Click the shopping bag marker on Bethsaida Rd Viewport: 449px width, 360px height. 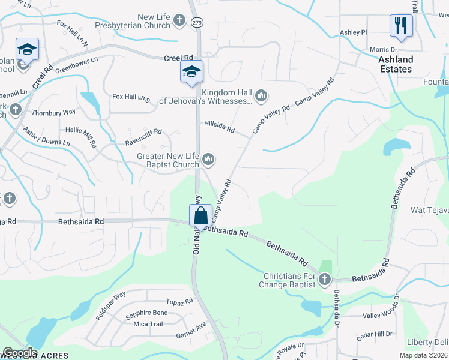point(201,215)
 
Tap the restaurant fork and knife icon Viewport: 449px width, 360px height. point(400,26)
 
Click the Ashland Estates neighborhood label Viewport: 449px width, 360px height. point(396,64)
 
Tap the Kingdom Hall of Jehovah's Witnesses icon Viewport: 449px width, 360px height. point(261,95)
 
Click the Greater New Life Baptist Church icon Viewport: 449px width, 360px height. point(208,159)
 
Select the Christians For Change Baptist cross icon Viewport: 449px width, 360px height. point(324,279)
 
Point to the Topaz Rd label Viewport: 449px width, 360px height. point(181,301)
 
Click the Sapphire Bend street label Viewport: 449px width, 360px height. point(146,313)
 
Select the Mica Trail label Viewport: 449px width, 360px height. point(148,324)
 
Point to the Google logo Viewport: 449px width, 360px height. point(20,353)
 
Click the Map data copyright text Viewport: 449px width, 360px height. point(423,355)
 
